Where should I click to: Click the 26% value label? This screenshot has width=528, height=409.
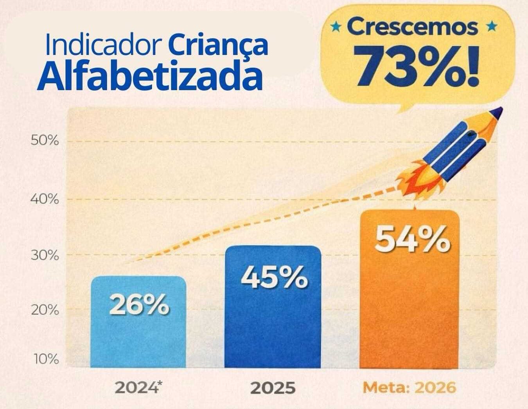click(139, 305)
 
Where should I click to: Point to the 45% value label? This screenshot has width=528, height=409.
click(274, 277)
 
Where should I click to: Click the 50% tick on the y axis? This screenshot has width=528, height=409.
click(45, 140)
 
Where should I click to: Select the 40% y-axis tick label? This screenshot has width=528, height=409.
click(45, 199)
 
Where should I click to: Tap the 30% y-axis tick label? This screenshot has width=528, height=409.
click(45, 256)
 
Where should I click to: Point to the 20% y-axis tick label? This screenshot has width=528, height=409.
click(45, 310)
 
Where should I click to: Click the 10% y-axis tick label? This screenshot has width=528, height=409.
click(46, 359)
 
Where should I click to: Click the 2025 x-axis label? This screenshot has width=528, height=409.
click(273, 388)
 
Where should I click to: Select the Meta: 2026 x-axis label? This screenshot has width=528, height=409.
click(409, 387)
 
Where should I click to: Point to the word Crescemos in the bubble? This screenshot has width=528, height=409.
click(412, 27)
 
